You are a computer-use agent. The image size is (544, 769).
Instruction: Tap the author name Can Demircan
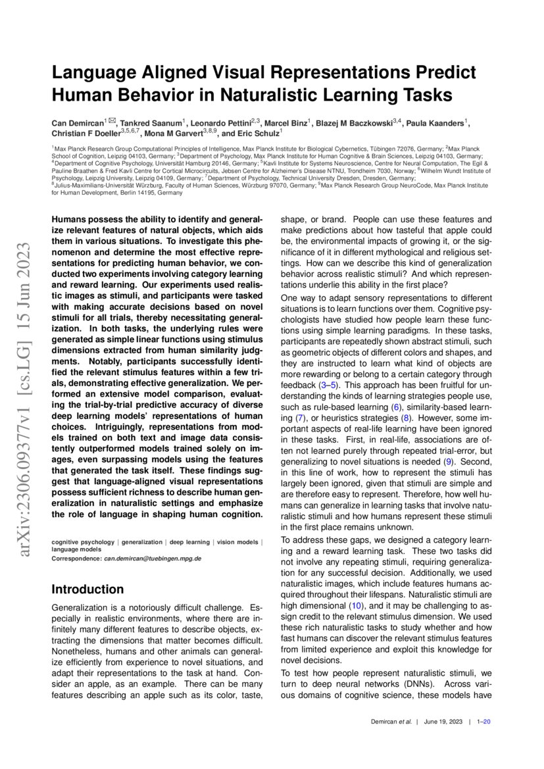tap(78, 123)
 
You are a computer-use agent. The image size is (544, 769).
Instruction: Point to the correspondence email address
tap(153, 558)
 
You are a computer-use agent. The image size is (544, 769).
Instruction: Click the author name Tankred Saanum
tap(151, 123)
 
